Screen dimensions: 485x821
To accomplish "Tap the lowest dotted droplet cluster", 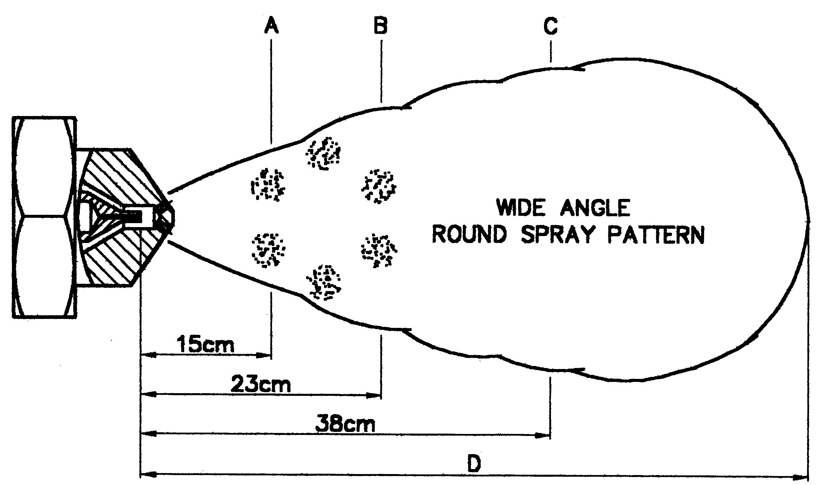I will click(324, 282).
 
